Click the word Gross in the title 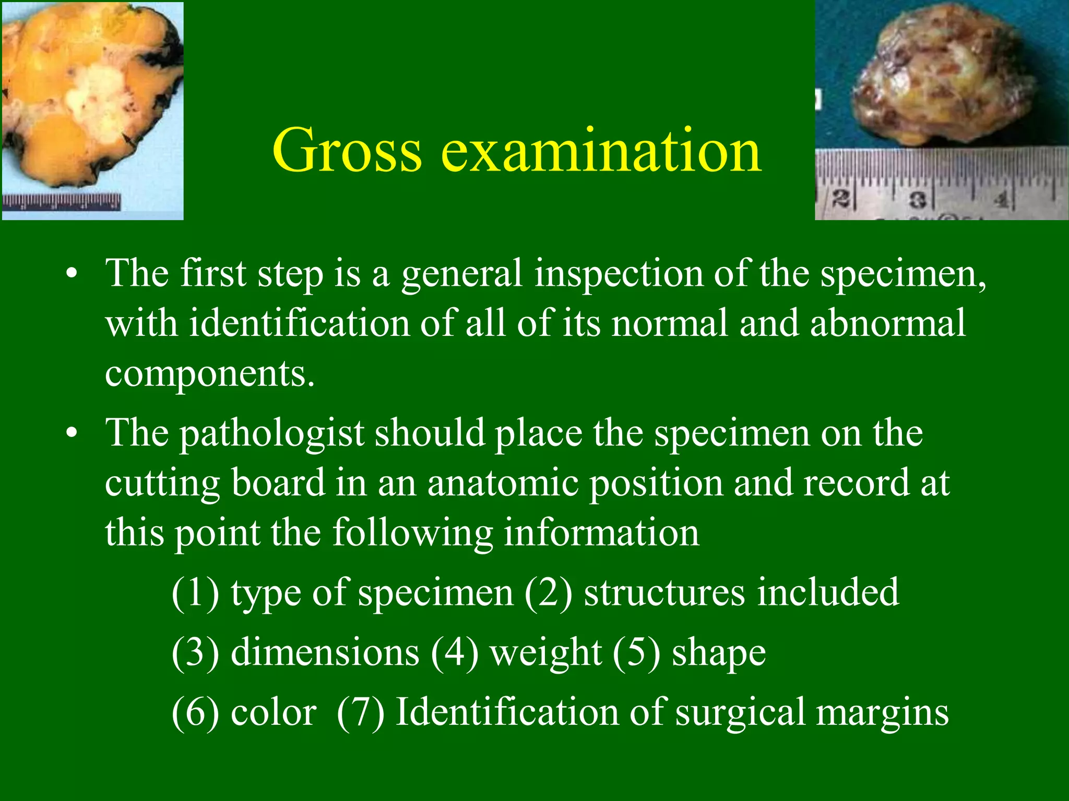click(347, 151)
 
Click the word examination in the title click(601, 151)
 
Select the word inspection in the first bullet click(619, 274)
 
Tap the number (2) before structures click(548, 593)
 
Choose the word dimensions click(325, 652)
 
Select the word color click(273, 712)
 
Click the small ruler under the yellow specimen click(62, 201)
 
